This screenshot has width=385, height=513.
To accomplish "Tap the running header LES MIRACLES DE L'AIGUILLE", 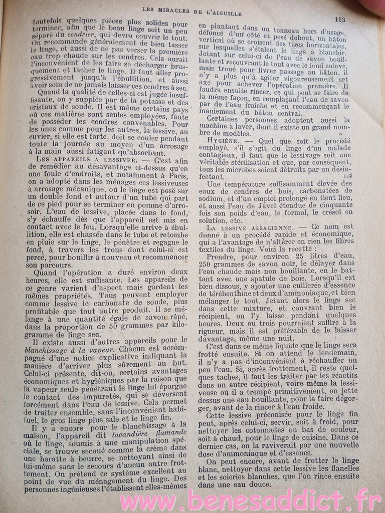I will (x=192, y=9).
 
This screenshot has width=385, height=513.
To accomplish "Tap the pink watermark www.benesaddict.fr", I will (x=251, y=499).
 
